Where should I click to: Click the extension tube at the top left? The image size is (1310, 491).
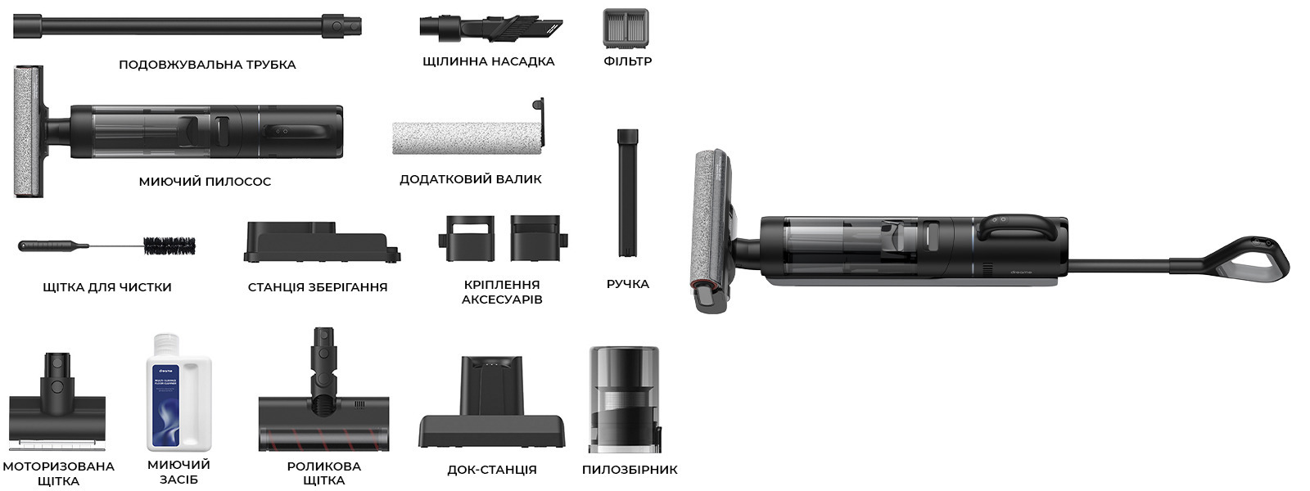coord(187,27)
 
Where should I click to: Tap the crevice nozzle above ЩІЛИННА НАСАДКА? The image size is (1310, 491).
coord(491,28)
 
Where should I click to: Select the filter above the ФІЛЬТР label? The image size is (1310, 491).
coord(626,28)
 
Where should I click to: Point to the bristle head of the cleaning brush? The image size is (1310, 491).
coord(169,246)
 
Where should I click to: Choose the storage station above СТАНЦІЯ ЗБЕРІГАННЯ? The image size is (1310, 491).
coord(322,242)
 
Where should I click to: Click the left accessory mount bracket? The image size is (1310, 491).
coord(467,238)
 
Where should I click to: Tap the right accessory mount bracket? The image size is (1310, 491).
coord(539,238)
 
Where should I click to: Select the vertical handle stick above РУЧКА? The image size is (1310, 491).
coord(627,193)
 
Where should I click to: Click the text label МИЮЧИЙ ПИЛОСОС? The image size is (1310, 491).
coord(205,182)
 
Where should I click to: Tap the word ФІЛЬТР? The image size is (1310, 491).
coord(627,61)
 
